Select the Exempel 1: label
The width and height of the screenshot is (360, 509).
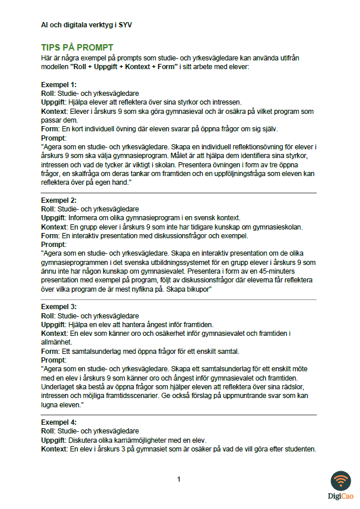[59, 85]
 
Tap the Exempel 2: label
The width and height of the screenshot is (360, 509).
[59, 200]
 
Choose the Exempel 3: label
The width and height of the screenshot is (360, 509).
[59, 307]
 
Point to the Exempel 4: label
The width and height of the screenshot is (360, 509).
[59, 422]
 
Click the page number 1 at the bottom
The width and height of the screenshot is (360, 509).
[179, 479]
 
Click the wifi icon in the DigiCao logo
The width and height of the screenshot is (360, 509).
[340, 481]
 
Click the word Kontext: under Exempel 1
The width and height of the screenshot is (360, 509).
[54, 111]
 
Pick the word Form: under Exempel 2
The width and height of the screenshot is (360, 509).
[50, 236]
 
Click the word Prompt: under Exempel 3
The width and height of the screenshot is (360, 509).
[54, 360]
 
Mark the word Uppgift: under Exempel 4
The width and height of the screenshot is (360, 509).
[55, 440]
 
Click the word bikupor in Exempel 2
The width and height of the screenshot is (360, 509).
[196, 289]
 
